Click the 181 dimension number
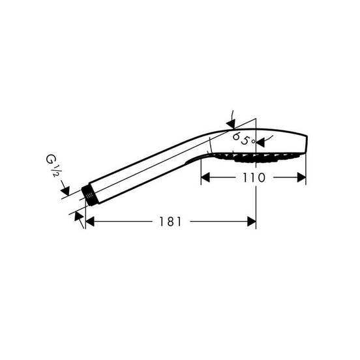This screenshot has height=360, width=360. (x=170, y=222)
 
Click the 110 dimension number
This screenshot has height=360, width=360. (x=254, y=177)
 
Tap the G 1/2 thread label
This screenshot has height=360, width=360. (x=52, y=165)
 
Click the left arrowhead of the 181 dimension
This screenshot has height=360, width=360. (x=90, y=222)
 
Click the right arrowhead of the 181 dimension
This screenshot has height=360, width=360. (x=251, y=222)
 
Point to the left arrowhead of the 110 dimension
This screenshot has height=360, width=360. (x=205, y=177)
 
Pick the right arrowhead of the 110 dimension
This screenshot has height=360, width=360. (x=301, y=177)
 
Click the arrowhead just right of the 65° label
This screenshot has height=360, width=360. (x=261, y=143)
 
